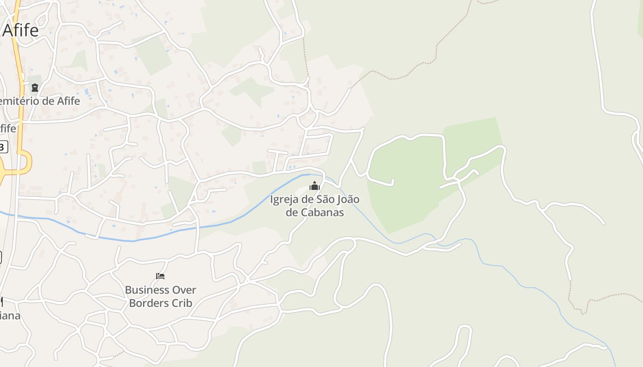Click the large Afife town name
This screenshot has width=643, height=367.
(x=21, y=31)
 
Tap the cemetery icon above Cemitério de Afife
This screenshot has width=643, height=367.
(x=35, y=87)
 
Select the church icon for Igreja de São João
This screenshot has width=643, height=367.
(x=315, y=186)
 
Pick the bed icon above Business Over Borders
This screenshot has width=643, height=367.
(x=160, y=276)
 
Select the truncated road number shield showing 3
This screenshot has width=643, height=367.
(x=3, y=147)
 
